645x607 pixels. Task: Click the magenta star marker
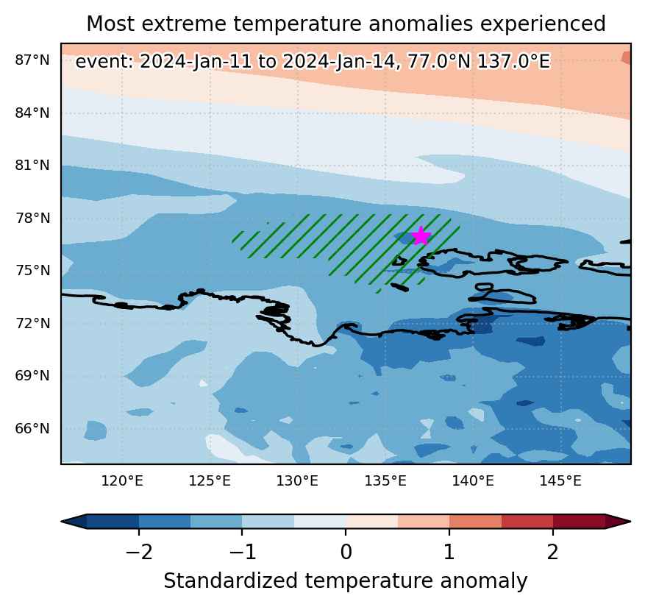click(421, 236)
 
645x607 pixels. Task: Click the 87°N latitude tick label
click(32, 60)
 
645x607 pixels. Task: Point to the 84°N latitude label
click(32, 113)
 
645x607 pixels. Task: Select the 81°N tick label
click(32, 166)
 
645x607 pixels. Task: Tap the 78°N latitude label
click(32, 218)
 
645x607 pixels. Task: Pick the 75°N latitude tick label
click(32, 271)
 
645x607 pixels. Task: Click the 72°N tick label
click(32, 324)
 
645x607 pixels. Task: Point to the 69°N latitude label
click(32, 376)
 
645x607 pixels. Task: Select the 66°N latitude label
click(32, 428)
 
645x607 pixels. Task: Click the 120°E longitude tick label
click(122, 480)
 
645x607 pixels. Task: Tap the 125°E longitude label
click(210, 480)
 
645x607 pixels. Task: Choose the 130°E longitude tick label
click(297, 480)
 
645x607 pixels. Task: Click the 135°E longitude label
click(385, 480)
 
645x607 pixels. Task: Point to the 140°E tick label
click(473, 480)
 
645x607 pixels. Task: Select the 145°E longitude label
click(560, 480)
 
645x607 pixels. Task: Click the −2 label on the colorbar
click(139, 552)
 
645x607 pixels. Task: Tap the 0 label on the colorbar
click(346, 552)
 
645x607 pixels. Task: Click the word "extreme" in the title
click(188, 24)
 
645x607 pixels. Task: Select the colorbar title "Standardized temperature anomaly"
click(346, 581)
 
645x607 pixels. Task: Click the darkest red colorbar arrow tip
click(630, 522)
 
